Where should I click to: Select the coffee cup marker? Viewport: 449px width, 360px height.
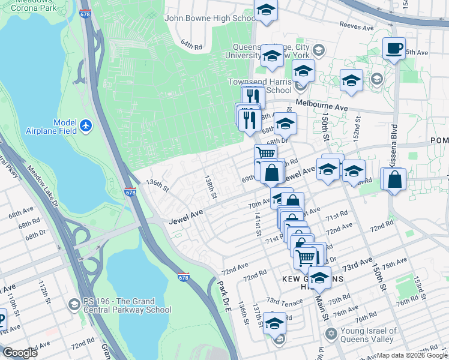pyautogui.click(x=394, y=48)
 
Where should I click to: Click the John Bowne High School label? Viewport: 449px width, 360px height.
pyautogui.click(x=209, y=19)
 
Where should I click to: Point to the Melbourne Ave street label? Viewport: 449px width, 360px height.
pyautogui.click(x=321, y=106)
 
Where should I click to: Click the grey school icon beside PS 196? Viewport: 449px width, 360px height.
pyautogui.click(x=74, y=305)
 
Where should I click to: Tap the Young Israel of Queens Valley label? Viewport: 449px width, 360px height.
pyautogui.click(x=369, y=335)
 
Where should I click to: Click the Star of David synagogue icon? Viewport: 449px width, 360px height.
pyautogui.click(x=330, y=333)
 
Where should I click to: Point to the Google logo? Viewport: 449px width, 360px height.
pyautogui.click(x=19, y=353)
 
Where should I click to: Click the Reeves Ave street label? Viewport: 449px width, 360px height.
pyautogui.click(x=357, y=25)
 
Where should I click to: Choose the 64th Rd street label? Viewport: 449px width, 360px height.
pyautogui.click(x=193, y=44)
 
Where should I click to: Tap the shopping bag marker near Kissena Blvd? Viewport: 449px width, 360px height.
pyautogui.click(x=394, y=179)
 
